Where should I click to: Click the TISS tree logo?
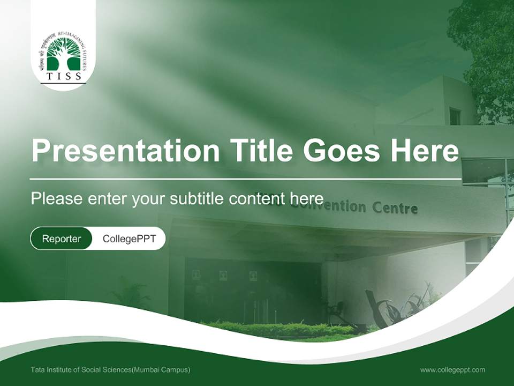point(64,54)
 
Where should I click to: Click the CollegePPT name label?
point(129,239)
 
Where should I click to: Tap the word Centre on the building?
point(395,208)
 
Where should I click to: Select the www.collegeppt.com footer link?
point(452,369)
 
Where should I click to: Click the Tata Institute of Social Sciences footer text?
point(110,369)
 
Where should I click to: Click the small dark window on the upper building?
point(455,116)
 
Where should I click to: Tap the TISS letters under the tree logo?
point(64,76)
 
